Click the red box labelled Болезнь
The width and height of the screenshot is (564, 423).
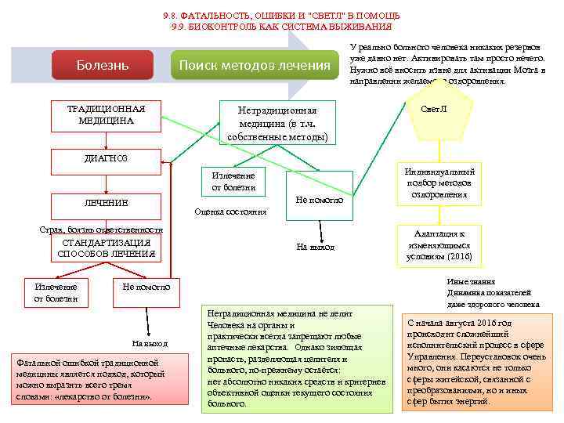coord(103,64)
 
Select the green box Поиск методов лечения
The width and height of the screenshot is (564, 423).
coord(255,64)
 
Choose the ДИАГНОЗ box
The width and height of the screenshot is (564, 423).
coord(106,159)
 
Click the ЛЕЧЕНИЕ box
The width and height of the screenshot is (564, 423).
coord(106,203)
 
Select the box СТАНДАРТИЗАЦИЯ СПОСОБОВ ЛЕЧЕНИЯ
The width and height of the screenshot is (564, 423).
coord(106,248)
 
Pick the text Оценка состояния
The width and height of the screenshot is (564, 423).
coord(230,211)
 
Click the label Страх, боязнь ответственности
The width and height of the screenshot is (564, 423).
coord(101,230)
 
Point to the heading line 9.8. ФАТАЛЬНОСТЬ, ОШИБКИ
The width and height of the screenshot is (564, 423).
coord(281,16)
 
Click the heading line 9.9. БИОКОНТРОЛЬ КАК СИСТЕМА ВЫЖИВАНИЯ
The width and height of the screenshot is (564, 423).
coord(281,27)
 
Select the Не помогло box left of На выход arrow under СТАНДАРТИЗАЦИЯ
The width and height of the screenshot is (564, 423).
coord(146,287)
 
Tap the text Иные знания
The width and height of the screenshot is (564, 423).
coord(470,281)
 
